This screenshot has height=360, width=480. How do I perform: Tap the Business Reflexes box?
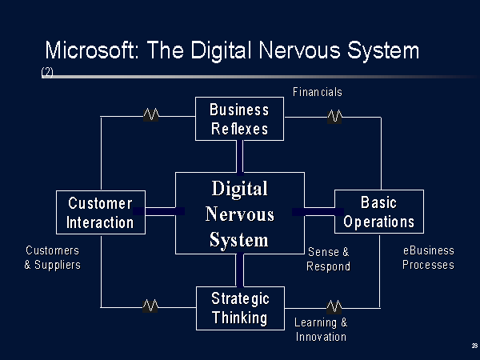click(239, 118)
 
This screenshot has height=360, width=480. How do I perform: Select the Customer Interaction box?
click(101, 213)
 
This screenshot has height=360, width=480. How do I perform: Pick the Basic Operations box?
click(379, 211)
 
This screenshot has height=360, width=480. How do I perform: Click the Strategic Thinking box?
click(240, 308)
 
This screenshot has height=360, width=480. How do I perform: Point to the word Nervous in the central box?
click(240, 214)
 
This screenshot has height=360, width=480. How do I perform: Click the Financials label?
click(318, 92)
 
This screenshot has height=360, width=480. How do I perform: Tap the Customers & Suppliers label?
click(53, 258)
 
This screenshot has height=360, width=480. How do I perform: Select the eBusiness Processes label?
click(428, 258)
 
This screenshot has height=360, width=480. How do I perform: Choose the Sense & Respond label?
click(329, 259)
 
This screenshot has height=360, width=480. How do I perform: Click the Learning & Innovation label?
click(321, 330)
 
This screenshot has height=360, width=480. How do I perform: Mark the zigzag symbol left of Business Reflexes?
click(151, 114)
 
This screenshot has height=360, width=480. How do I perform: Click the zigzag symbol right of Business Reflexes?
click(334, 117)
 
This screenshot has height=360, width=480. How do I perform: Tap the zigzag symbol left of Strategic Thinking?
click(150, 306)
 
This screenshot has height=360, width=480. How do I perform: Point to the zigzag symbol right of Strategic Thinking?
click(334, 307)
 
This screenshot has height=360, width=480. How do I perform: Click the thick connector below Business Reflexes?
click(240, 157)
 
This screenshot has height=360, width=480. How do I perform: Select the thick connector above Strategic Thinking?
click(240, 270)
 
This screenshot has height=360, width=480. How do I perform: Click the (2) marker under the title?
click(47, 73)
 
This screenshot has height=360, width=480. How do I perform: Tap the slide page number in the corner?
click(474, 346)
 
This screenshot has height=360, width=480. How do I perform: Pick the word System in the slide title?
click(383, 51)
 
